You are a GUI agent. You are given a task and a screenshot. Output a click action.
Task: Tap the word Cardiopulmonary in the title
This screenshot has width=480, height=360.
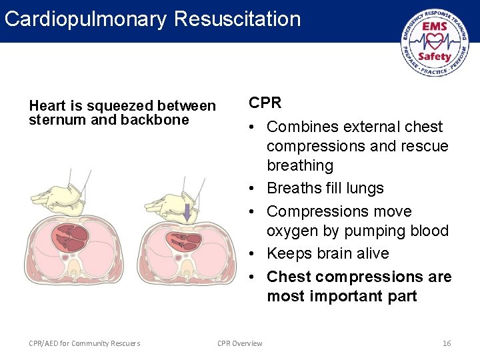(x=85, y=18)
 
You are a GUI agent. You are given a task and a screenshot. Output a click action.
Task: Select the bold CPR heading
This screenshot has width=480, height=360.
(x=265, y=103)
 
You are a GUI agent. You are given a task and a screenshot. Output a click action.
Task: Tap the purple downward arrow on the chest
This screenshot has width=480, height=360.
(x=187, y=213)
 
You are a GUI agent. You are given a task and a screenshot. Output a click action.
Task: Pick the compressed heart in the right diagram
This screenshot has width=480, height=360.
(x=187, y=239)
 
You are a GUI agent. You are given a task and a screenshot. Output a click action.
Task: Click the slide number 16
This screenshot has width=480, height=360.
(x=447, y=343)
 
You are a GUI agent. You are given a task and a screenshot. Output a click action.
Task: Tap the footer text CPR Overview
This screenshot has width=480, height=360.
(x=240, y=343)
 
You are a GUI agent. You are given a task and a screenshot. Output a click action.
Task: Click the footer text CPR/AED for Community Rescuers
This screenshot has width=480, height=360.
(x=85, y=343)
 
